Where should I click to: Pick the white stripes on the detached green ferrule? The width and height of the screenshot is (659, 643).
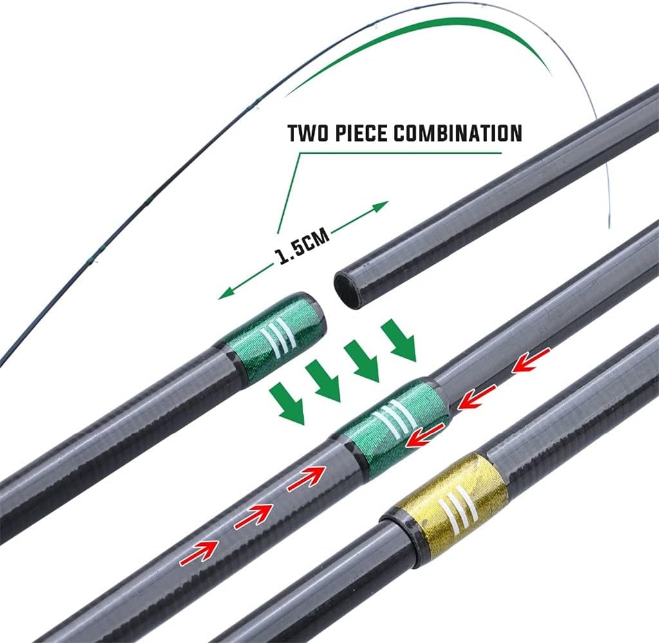pyautogui.click(x=279, y=335)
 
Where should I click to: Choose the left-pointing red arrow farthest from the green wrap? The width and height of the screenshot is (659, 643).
pyautogui.click(x=531, y=360)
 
